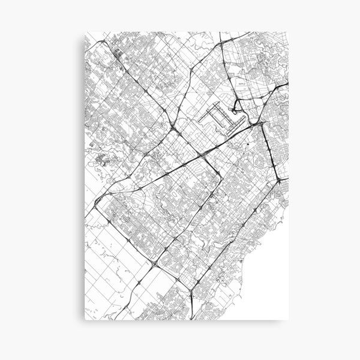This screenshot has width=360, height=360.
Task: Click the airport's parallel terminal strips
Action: [217, 116]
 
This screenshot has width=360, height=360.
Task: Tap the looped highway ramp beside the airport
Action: [239, 108]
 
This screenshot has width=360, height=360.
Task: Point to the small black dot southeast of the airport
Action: [247, 143]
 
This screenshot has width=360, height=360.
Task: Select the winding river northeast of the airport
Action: [264, 60]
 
